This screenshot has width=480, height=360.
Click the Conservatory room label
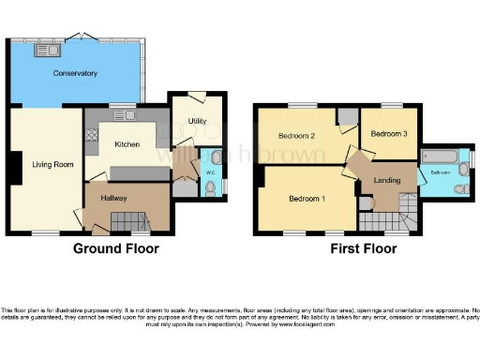pos(75,73)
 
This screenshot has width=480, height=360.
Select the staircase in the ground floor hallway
pos(128,222)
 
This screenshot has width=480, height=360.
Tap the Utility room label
pos(197,121)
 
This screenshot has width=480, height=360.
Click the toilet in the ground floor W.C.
pos(215,157)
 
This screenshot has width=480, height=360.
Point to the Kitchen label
pos(127,145)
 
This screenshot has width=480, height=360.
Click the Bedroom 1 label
pos(307,200)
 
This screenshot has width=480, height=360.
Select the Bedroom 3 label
pos(387,134)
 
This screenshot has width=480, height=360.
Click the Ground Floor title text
pos(116,249)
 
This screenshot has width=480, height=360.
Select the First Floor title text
pos(363,249)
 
